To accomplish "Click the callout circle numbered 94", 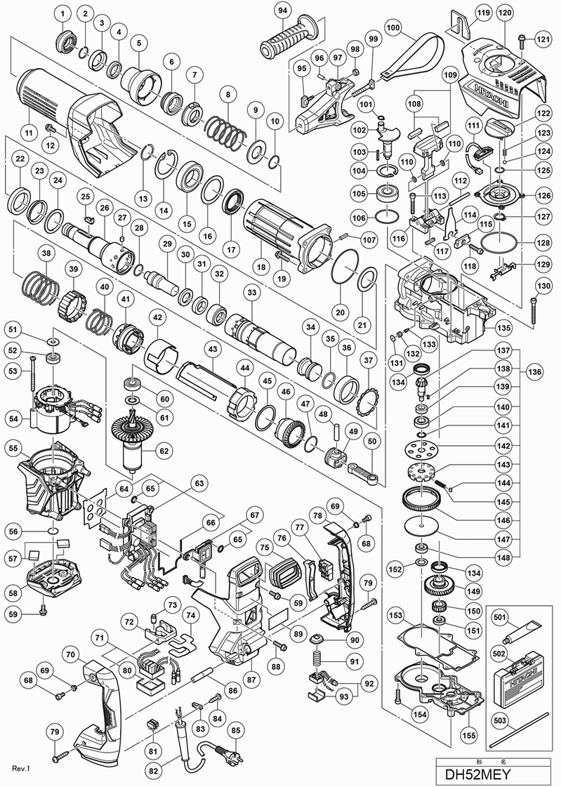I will pyautogui.click(x=283, y=11).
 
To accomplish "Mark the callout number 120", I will pyautogui.click(x=503, y=14).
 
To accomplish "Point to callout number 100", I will pyautogui.click(x=393, y=29).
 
